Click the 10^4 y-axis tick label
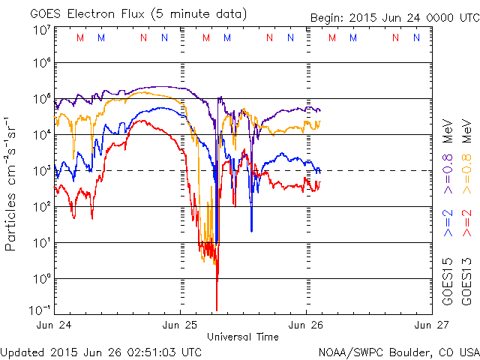tap(41, 134)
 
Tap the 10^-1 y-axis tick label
tap(40, 310)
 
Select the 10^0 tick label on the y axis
tap(41, 278)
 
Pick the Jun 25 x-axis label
tap(181, 325)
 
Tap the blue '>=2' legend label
tap(448, 223)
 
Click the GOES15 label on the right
tap(448, 282)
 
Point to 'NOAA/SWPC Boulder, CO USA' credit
tap(397, 352)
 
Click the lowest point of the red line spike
tap(217, 310)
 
